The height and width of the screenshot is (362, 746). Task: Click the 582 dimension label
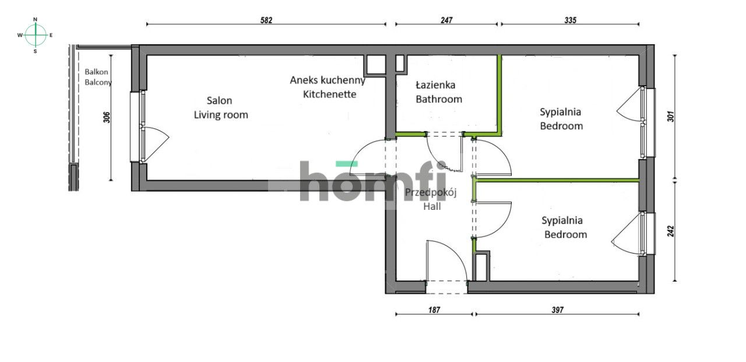(x=266, y=20)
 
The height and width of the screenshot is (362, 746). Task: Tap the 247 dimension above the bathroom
(x=446, y=20)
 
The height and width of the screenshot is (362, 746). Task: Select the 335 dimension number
(x=570, y=20)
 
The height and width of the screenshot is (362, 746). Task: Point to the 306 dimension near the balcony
(x=106, y=118)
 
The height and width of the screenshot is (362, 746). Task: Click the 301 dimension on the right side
(x=670, y=117)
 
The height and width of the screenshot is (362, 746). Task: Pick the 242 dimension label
(x=670, y=231)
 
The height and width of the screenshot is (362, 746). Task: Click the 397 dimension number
(x=557, y=310)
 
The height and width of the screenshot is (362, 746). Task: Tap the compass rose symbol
(x=36, y=35)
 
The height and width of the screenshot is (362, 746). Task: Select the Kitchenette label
(x=329, y=94)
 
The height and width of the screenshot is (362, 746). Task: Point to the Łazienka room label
(x=435, y=85)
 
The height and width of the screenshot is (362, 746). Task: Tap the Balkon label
(x=96, y=72)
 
